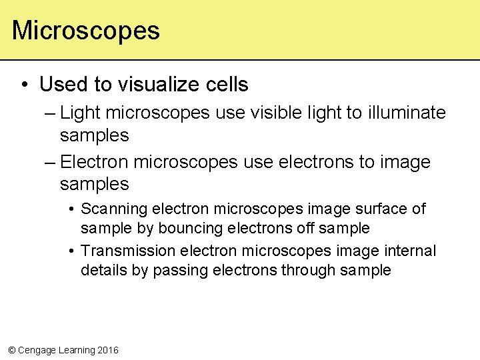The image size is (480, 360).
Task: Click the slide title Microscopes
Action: click(x=86, y=31)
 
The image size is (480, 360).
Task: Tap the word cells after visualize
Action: click(x=229, y=85)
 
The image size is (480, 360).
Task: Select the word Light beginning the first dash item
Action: click(x=79, y=113)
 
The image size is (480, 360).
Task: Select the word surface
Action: click(x=380, y=209)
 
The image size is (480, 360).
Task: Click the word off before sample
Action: click(x=305, y=229)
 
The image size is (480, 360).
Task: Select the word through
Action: click(x=310, y=271)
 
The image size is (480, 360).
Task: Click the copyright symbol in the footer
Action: click(x=11, y=350)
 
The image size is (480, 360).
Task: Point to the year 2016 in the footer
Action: click(x=107, y=350)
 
